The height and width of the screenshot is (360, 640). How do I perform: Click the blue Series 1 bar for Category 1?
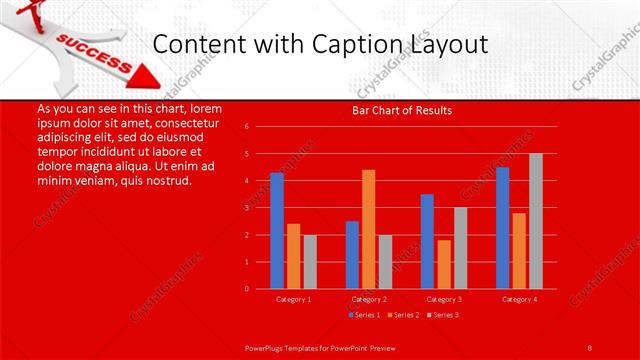pos(277,230)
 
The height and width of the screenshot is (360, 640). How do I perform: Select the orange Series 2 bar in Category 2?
pos(368,229)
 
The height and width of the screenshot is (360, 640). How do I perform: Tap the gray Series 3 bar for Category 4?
pos(536,221)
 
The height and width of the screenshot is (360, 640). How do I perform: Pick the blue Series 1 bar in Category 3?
pos(427,241)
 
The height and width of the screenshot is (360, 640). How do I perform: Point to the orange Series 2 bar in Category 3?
pos(443,264)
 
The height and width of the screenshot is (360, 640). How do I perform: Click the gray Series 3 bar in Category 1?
pos(310,261)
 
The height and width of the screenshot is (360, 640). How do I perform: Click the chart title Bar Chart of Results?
pos(401,110)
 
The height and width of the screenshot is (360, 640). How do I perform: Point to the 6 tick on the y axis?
pos(247,127)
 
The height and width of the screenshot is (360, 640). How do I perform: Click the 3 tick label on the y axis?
pos(247,208)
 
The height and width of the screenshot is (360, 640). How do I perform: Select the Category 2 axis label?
pos(369,299)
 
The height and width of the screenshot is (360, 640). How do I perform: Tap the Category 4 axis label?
pos(519,299)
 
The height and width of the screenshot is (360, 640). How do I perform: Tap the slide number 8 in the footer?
pos(590,346)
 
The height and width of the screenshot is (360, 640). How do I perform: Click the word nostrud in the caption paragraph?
pos(167,182)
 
